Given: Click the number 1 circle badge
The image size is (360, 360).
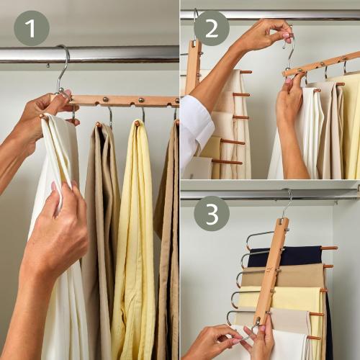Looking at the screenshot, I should (x=31, y=28).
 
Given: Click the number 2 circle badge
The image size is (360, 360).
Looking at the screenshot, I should (x=211, y=28).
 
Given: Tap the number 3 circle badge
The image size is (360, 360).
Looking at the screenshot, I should (x=211, y=213).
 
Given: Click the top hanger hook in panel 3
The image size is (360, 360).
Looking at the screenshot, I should (x=288, y=202).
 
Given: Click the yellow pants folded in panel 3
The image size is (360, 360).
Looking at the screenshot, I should (x=295, y=297).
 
